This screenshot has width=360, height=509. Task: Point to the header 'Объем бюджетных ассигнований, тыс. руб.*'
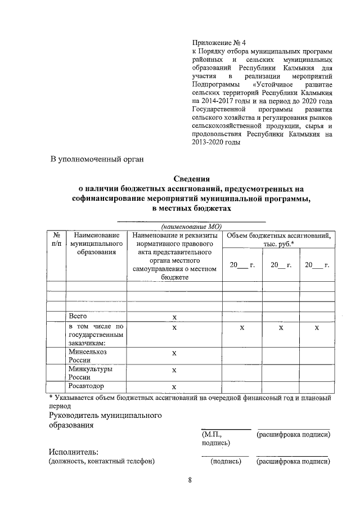[x=278, y=238]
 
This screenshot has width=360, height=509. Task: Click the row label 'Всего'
[x=78, y=316]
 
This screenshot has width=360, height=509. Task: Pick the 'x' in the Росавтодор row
[x=174, y=387]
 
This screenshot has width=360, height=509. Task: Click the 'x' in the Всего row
[x=174, y=317]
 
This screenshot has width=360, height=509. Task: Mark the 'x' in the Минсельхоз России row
[x=174, y=353]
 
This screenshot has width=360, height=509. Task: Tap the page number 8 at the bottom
[x=190, y=480]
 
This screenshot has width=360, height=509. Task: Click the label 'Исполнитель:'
[x=74, y=452]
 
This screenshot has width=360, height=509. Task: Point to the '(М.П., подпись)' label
[x=215, y=438]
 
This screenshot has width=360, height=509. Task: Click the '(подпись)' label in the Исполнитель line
[x=226, y=462]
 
